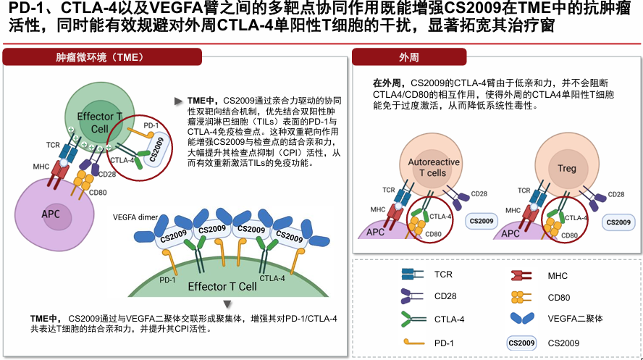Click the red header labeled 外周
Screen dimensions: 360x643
pyautogui.click(x=408, y=57)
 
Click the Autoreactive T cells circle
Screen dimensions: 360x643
pyautogui.click(x=433, y=167)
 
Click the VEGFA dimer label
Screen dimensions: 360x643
pyautogui.click(x=135, y=217)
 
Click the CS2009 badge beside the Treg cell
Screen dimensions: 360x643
pyautogui.click(x=618, y=222)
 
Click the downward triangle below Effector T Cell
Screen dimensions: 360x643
pyautogui.click(x=228, y=304)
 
